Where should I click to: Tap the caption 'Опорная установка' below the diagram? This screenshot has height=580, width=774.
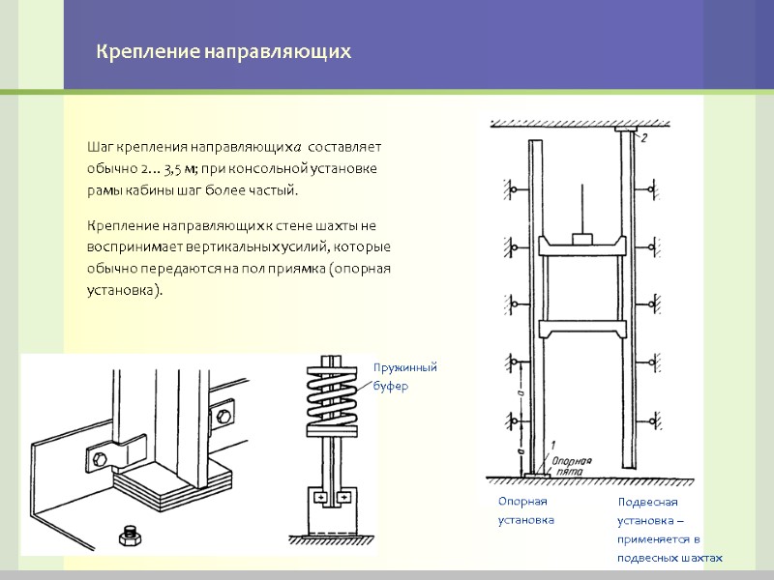(525, 510)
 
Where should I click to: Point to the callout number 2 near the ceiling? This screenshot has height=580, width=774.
(643, 138)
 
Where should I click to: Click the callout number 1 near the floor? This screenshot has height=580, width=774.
(551, 444)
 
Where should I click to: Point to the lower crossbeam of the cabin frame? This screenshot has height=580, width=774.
(580, 332)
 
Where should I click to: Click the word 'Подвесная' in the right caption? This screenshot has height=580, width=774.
(648, 502)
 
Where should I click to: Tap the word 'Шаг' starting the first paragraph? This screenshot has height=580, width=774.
(99, 147)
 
